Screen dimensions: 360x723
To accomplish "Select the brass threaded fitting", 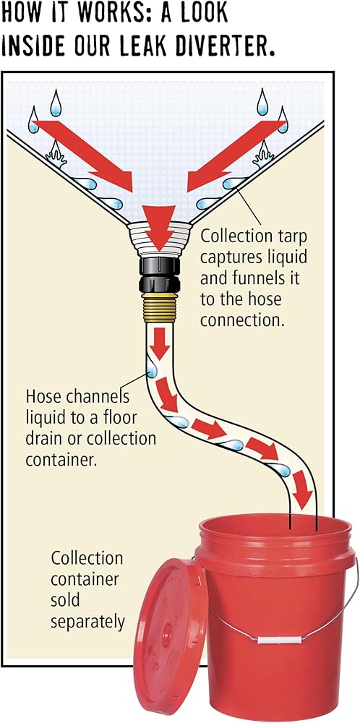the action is click(160, 307).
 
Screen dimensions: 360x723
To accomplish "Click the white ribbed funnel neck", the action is click(160, 236).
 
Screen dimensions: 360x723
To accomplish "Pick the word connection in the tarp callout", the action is click(241, 320).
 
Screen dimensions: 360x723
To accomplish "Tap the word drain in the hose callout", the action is click(43, 439).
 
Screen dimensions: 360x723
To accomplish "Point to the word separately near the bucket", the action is click(87, 623).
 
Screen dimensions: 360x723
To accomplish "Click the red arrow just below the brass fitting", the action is click(160, 344).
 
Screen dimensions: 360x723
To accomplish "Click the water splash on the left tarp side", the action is click(56, 154).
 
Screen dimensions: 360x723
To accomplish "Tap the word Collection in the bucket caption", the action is click(87, 558).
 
